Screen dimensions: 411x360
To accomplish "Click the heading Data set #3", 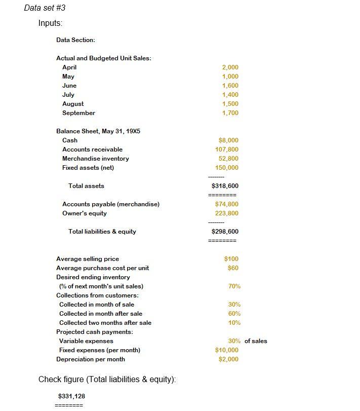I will coord(45,8).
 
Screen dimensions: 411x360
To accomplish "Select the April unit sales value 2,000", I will coord(230,67).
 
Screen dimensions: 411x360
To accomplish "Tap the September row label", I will coord(78,113).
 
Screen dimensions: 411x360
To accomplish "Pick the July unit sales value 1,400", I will coord(230,95).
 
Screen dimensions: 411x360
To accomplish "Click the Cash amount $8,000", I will coord(228,140).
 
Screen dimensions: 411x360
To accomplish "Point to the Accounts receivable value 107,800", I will coord(226,150).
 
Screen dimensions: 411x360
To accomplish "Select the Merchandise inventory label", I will coord(95,159).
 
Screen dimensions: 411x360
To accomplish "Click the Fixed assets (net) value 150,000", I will coord(226,168).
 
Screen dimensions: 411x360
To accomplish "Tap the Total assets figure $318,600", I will coord(225,186).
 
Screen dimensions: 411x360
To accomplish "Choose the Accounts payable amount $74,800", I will coord(226,204).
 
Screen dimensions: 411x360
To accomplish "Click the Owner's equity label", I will coord(84,213).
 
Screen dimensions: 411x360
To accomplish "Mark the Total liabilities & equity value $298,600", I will coord(225,232).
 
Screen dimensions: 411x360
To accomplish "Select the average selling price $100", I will coord(231,259).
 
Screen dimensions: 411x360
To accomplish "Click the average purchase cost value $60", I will coord(233,268).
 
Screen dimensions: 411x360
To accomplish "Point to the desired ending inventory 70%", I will coord(234,286).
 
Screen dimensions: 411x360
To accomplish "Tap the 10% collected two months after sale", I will coord(234,323).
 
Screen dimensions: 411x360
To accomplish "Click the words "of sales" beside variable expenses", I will coord(256,341).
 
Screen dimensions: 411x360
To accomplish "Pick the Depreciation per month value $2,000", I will coord(228,359).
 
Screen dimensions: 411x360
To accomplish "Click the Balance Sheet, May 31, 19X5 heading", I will coord(98,131).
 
